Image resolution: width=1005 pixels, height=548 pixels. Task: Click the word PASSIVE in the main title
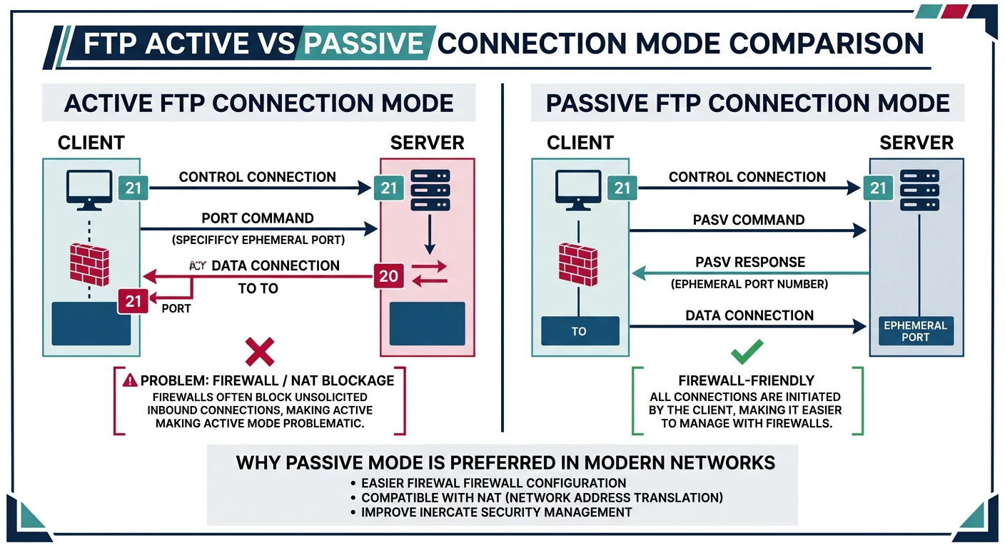[363, 44]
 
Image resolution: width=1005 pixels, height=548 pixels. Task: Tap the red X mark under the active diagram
[259, 352]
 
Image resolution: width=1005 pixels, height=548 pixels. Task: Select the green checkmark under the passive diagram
[747, 351]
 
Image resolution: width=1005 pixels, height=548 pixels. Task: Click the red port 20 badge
[389, 275]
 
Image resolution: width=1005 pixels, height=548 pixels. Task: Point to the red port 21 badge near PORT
[133, 300]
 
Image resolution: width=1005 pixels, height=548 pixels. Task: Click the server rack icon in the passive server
[916, 188]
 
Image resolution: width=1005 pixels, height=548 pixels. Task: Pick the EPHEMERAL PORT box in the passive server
[915, 331]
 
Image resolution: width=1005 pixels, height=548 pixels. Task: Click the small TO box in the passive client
[579, 331]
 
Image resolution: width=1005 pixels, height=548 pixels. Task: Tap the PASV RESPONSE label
[749, 262]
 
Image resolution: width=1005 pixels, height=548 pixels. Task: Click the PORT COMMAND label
[258, 218]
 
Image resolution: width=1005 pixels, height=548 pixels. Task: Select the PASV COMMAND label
[749, 219]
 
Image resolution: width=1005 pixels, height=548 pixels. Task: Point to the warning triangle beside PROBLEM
[130, 380]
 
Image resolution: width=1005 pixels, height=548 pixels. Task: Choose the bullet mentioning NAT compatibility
[542, 497]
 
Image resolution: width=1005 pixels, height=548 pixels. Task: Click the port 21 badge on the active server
[389, 188]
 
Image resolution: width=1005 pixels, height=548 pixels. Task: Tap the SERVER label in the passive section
[916, 142]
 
